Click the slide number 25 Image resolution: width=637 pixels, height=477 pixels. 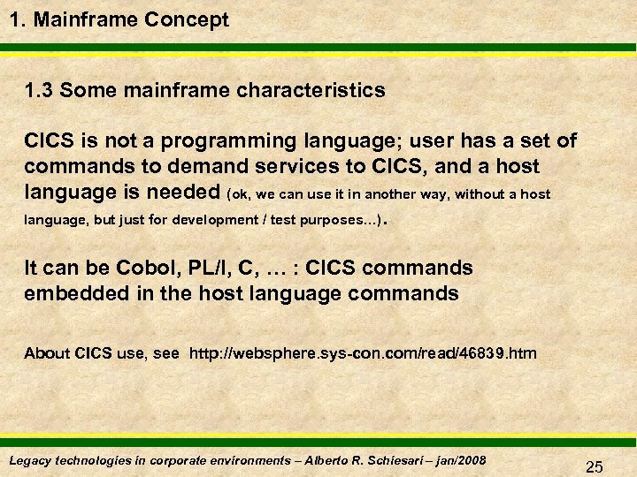click(x=595, y=467)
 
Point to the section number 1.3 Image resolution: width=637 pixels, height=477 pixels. click(x=40, y=90)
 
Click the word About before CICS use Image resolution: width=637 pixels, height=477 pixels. click(x=47, y=353)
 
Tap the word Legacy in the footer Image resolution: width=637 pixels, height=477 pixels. click(x=31, y=459)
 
